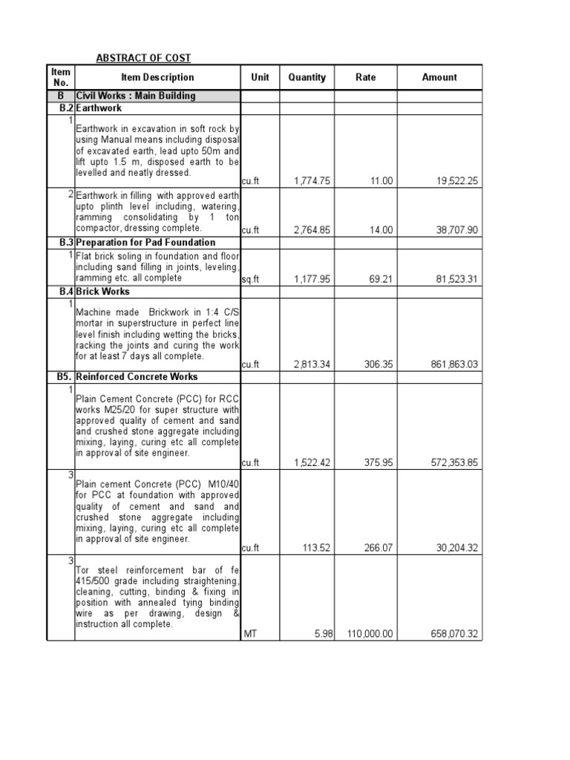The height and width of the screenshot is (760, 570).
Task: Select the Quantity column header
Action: click(307, 77)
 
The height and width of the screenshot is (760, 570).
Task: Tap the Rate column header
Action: click(365, 77)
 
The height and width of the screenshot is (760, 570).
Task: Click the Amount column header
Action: click(439, 77)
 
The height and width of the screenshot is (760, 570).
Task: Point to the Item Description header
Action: click(157, 77)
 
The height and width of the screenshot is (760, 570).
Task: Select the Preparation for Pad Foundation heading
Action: click(145, 243)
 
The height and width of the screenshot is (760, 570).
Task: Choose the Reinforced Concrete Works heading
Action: click(137, 377)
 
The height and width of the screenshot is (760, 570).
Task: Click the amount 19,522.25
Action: click(454, 180)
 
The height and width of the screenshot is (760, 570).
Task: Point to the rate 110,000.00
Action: click(370, 634)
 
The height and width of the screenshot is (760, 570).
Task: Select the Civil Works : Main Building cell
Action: click(136, 96)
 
